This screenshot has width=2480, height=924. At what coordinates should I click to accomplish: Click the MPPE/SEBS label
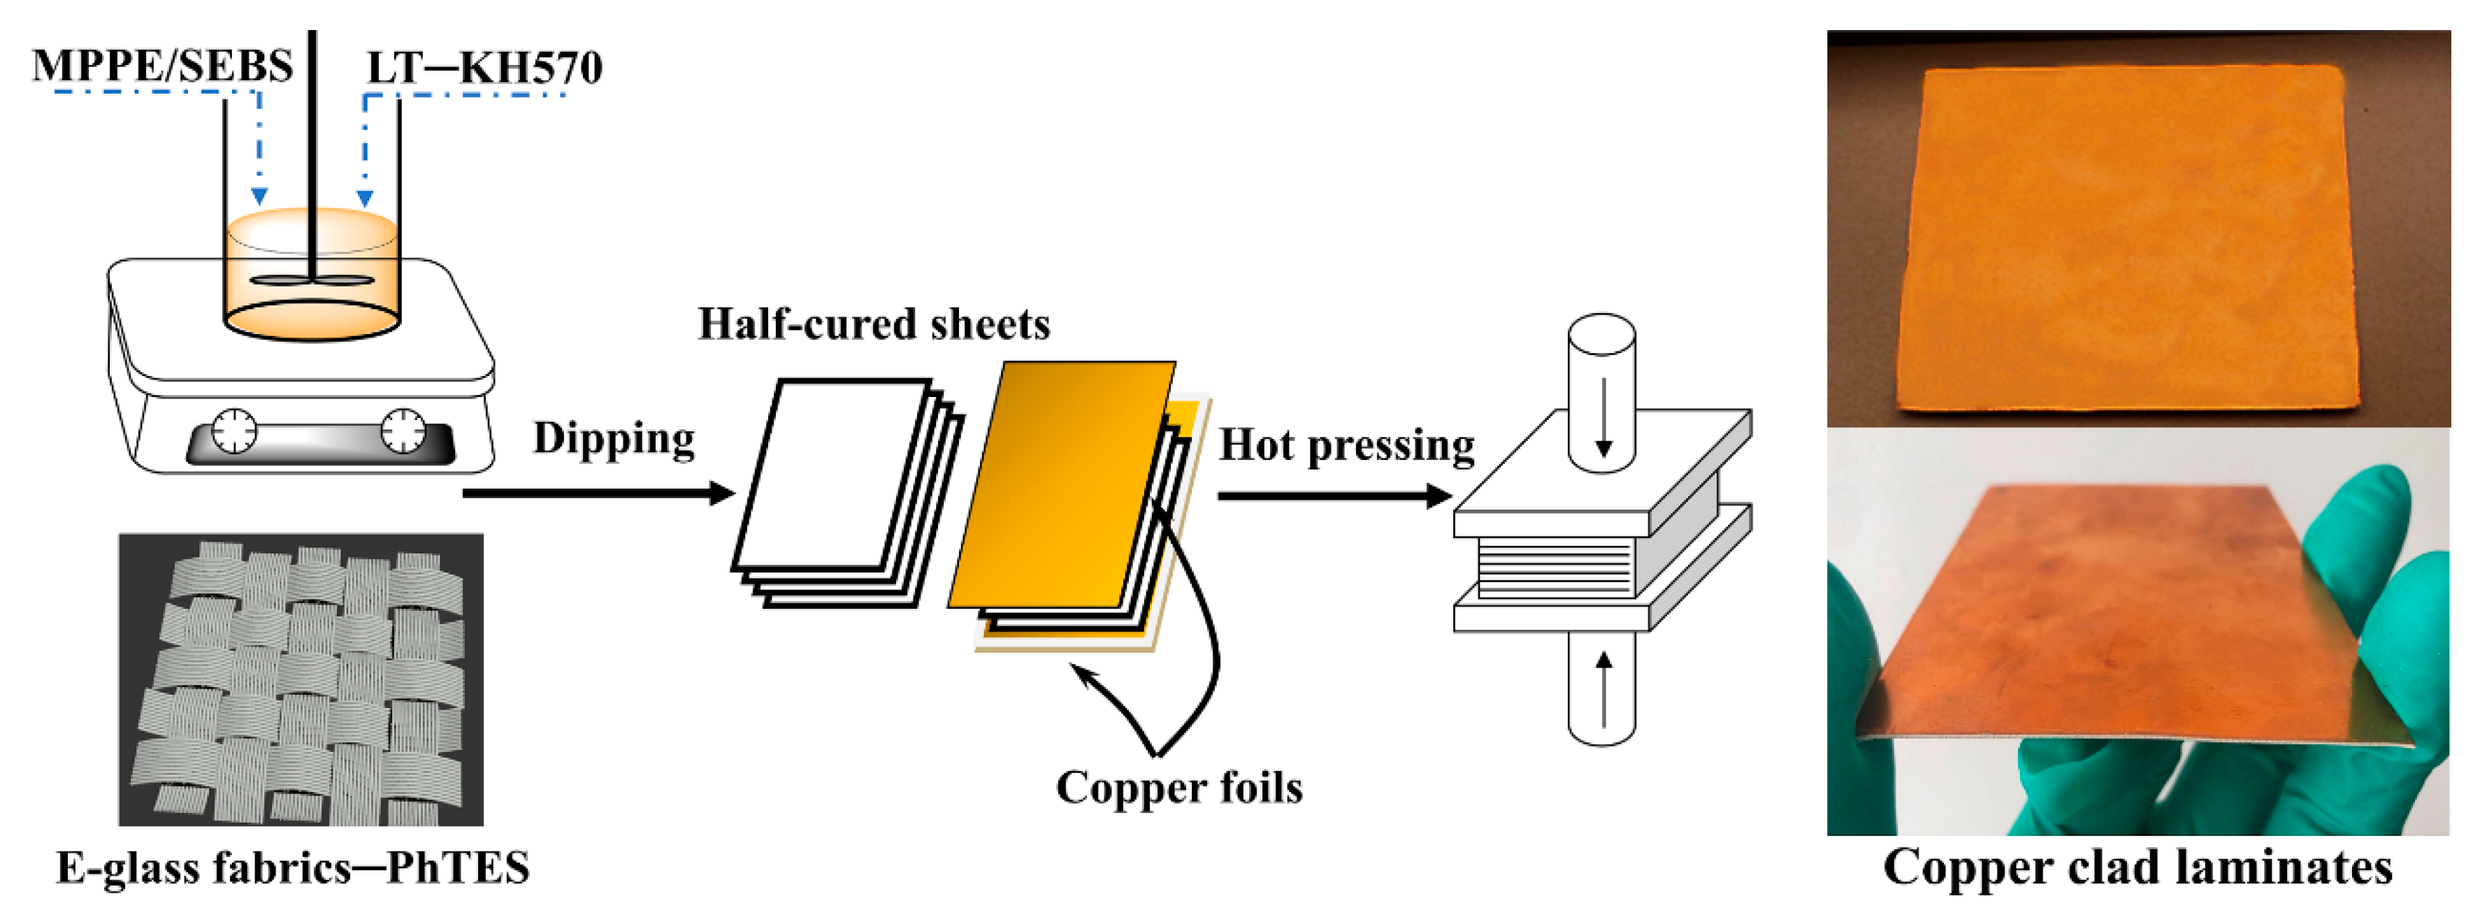(161, 66)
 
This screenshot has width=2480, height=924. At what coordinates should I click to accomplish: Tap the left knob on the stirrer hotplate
(234, 431)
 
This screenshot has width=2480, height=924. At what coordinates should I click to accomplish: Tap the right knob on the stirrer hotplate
(403, 431)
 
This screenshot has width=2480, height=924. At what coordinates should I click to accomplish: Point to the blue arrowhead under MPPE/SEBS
(259, 196)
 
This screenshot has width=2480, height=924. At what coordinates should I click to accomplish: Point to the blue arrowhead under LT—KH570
(365, 198)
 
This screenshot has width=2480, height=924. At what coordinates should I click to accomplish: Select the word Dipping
(613, 438)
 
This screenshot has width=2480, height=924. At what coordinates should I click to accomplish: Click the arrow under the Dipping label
(597, 493)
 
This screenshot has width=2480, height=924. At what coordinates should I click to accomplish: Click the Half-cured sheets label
(873, 324)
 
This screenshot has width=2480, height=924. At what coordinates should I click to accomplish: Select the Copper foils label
(1178, 787)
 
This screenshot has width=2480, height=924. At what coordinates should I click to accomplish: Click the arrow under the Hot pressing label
(1334, 496)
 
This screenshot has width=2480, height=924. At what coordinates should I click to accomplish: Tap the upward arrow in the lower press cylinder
(1603, 689)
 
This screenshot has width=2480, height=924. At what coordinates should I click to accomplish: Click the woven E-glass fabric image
(301, 679)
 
